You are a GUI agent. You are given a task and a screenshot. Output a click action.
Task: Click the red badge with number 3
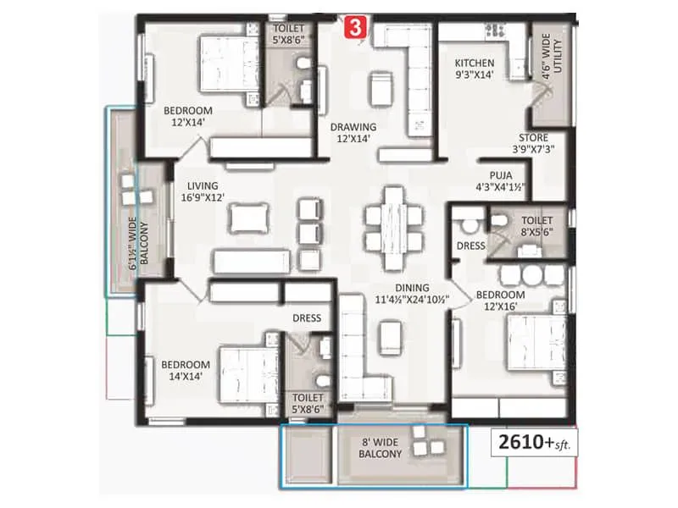click(355, 26)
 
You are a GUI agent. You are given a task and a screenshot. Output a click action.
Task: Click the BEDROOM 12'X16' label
click(500, 301)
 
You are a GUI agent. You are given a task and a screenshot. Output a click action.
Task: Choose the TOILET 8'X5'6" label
click(537, 224)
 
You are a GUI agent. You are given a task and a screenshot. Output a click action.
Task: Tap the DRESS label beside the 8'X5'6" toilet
click(470, 246)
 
